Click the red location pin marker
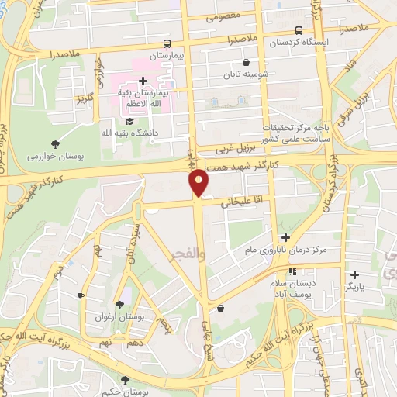(x=200, y=181)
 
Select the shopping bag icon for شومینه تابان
(x=247, y=62)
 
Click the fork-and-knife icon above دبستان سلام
(x=293, y=271)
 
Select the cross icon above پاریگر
(x=354, y=274)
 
